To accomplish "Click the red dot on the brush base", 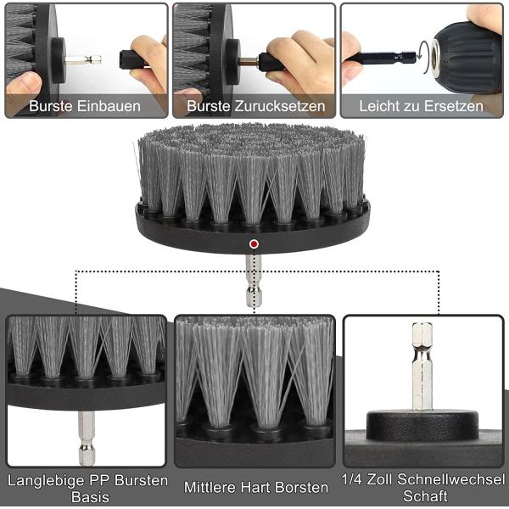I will click(x=253, y=244).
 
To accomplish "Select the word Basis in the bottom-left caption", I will click(x=88, y=497).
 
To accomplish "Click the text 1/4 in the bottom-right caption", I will click(x=352, y=480).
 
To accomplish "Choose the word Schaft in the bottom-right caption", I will click(x=424, y=497).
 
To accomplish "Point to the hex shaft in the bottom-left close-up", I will click(x=87, y=437).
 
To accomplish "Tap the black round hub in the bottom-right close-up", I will click(x=422, y=422).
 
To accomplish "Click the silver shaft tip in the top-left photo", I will click(x=85, y=59).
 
